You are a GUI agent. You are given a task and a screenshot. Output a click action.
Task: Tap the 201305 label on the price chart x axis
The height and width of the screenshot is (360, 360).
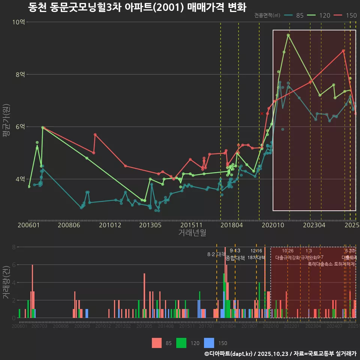(x=150, y=225)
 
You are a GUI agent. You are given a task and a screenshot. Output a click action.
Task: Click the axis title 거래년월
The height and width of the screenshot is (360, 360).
(x=192, y=233)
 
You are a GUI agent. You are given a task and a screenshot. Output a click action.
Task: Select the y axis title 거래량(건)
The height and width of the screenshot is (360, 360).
(x=6, y=282)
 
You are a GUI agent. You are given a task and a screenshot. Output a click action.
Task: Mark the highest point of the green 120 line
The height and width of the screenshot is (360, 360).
(x=288, y=35)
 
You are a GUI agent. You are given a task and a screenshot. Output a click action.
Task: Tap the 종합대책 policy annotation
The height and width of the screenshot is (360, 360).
(x=235, y=258)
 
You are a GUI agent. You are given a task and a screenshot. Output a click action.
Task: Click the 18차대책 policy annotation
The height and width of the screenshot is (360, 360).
(x=256, y=258)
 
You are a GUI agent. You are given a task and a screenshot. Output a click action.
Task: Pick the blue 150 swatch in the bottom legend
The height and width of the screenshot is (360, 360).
(x=209, y=343)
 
